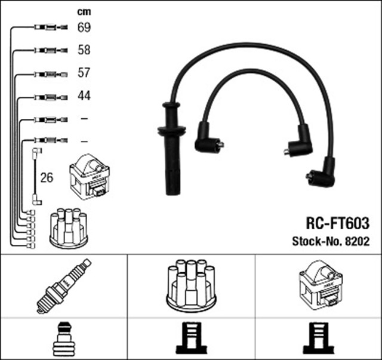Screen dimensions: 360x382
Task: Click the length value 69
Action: [84, 27]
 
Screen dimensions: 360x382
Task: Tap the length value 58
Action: [84, 50]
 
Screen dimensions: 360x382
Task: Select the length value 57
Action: [84, 73]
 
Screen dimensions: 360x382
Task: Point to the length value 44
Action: [84, 96]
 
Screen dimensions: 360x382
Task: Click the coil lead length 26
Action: [46, 177]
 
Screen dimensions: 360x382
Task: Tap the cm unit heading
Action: [84, 12]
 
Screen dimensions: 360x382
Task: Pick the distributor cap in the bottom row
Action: [191, 285]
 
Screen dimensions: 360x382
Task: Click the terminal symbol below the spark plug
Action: [63, 339]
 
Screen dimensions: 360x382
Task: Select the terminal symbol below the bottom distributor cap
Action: [191, 339]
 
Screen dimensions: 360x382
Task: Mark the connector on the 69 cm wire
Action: [48, 27]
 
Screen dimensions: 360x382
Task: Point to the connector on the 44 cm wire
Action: [48, 96]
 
